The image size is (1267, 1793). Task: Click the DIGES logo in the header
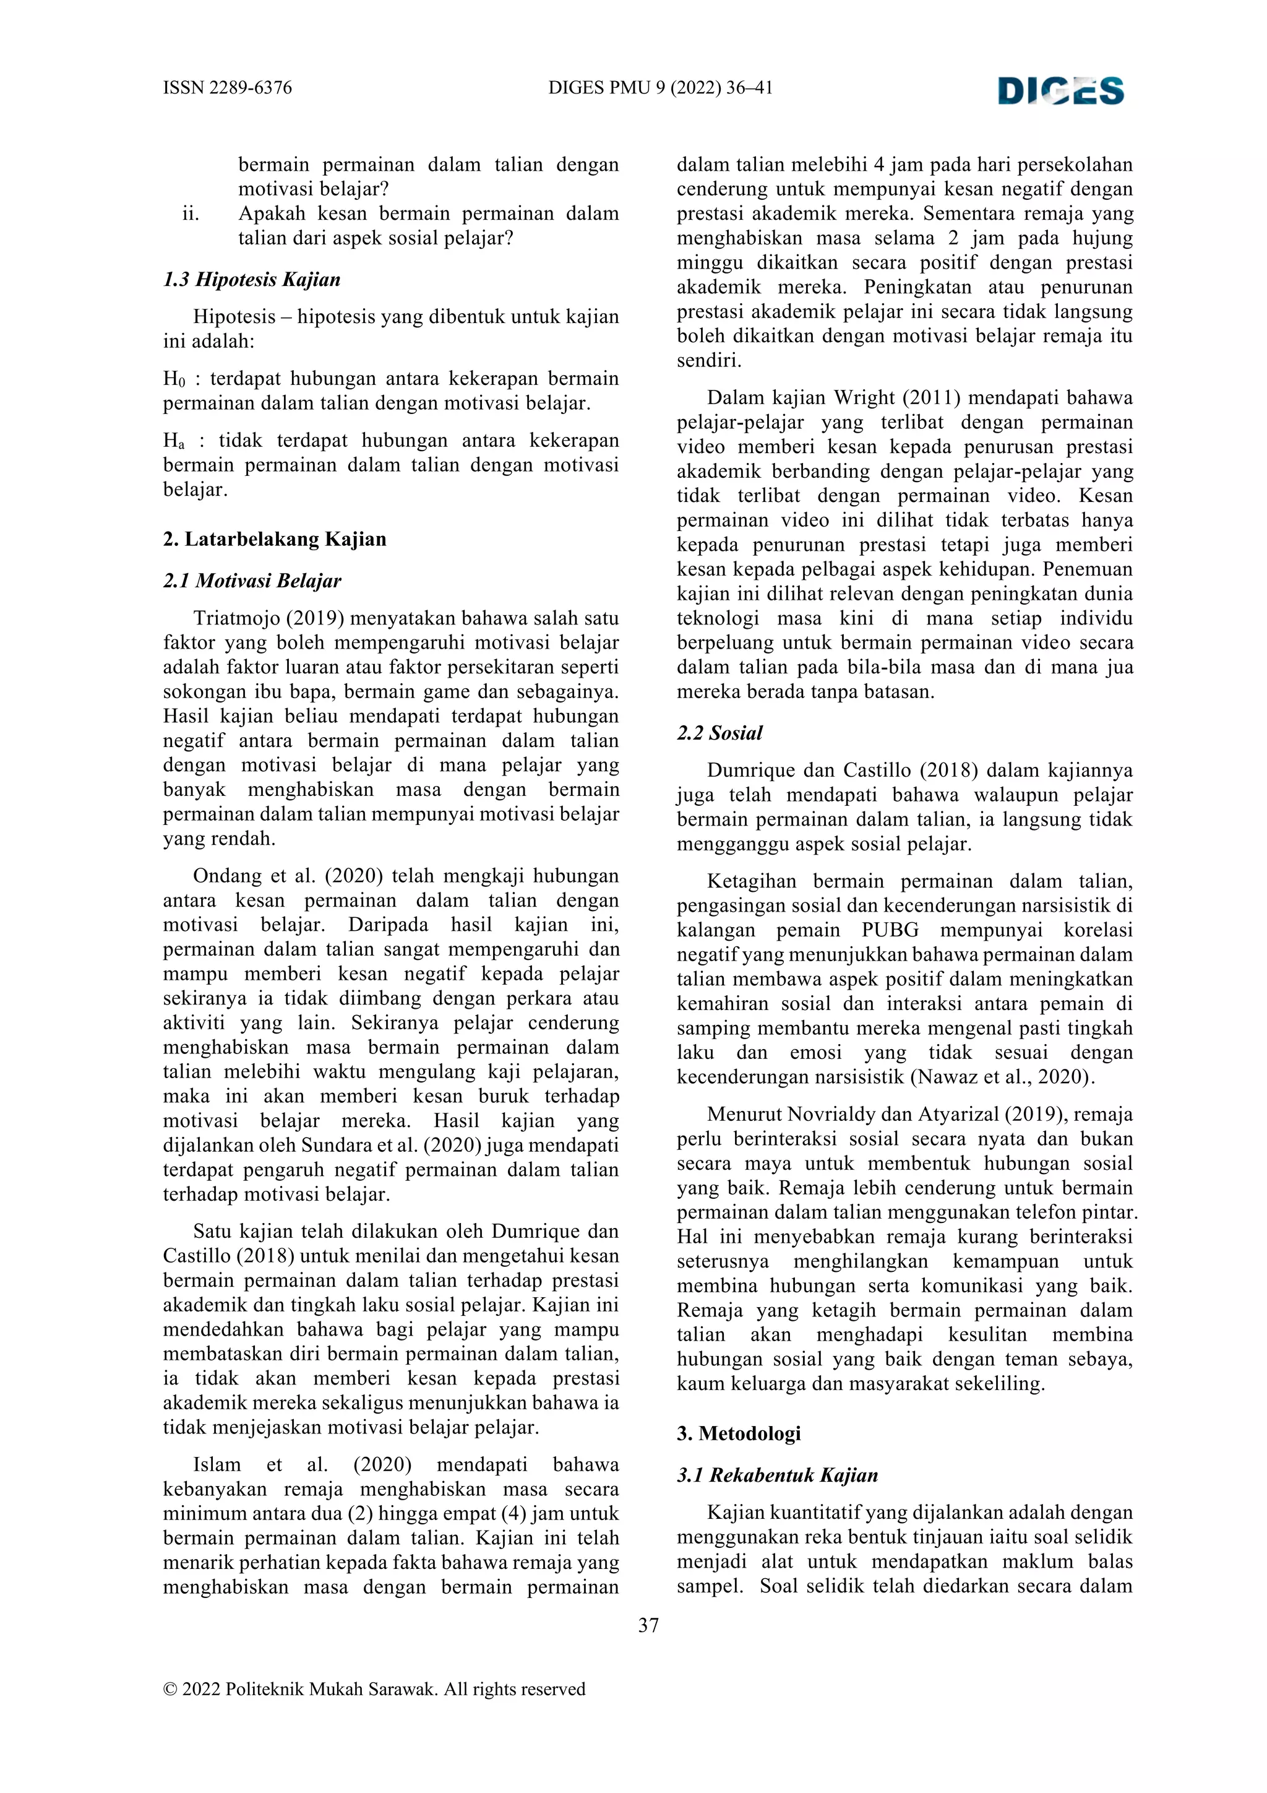tap(1061, 90)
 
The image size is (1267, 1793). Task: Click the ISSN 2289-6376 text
tap(227, 87)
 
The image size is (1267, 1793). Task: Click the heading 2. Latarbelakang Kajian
tap(274, 539)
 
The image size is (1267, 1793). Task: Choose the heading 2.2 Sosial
tap(719, 733)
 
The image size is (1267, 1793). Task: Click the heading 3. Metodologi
tap(739, 1433)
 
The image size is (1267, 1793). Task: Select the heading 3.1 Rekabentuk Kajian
tap(777, 1474)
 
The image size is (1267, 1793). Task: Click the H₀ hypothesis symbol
tap(173, 379)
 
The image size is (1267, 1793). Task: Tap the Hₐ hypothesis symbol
tap(173, 441)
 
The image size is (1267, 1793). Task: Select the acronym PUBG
tap(890, 930)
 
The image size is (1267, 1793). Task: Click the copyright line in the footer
tap(374, 1689)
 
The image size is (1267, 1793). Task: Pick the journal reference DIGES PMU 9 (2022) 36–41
tap(661, 87)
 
